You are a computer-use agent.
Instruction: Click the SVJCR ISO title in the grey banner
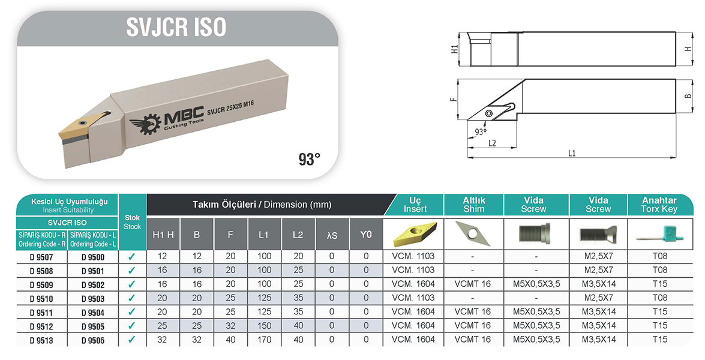176,27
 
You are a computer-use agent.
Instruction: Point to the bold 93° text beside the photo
310,158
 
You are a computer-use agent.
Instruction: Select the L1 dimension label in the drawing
571,154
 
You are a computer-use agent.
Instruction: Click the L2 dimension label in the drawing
492,143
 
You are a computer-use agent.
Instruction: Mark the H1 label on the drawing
454,49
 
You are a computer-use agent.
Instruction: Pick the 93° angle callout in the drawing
481,131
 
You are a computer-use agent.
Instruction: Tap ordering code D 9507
41,257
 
